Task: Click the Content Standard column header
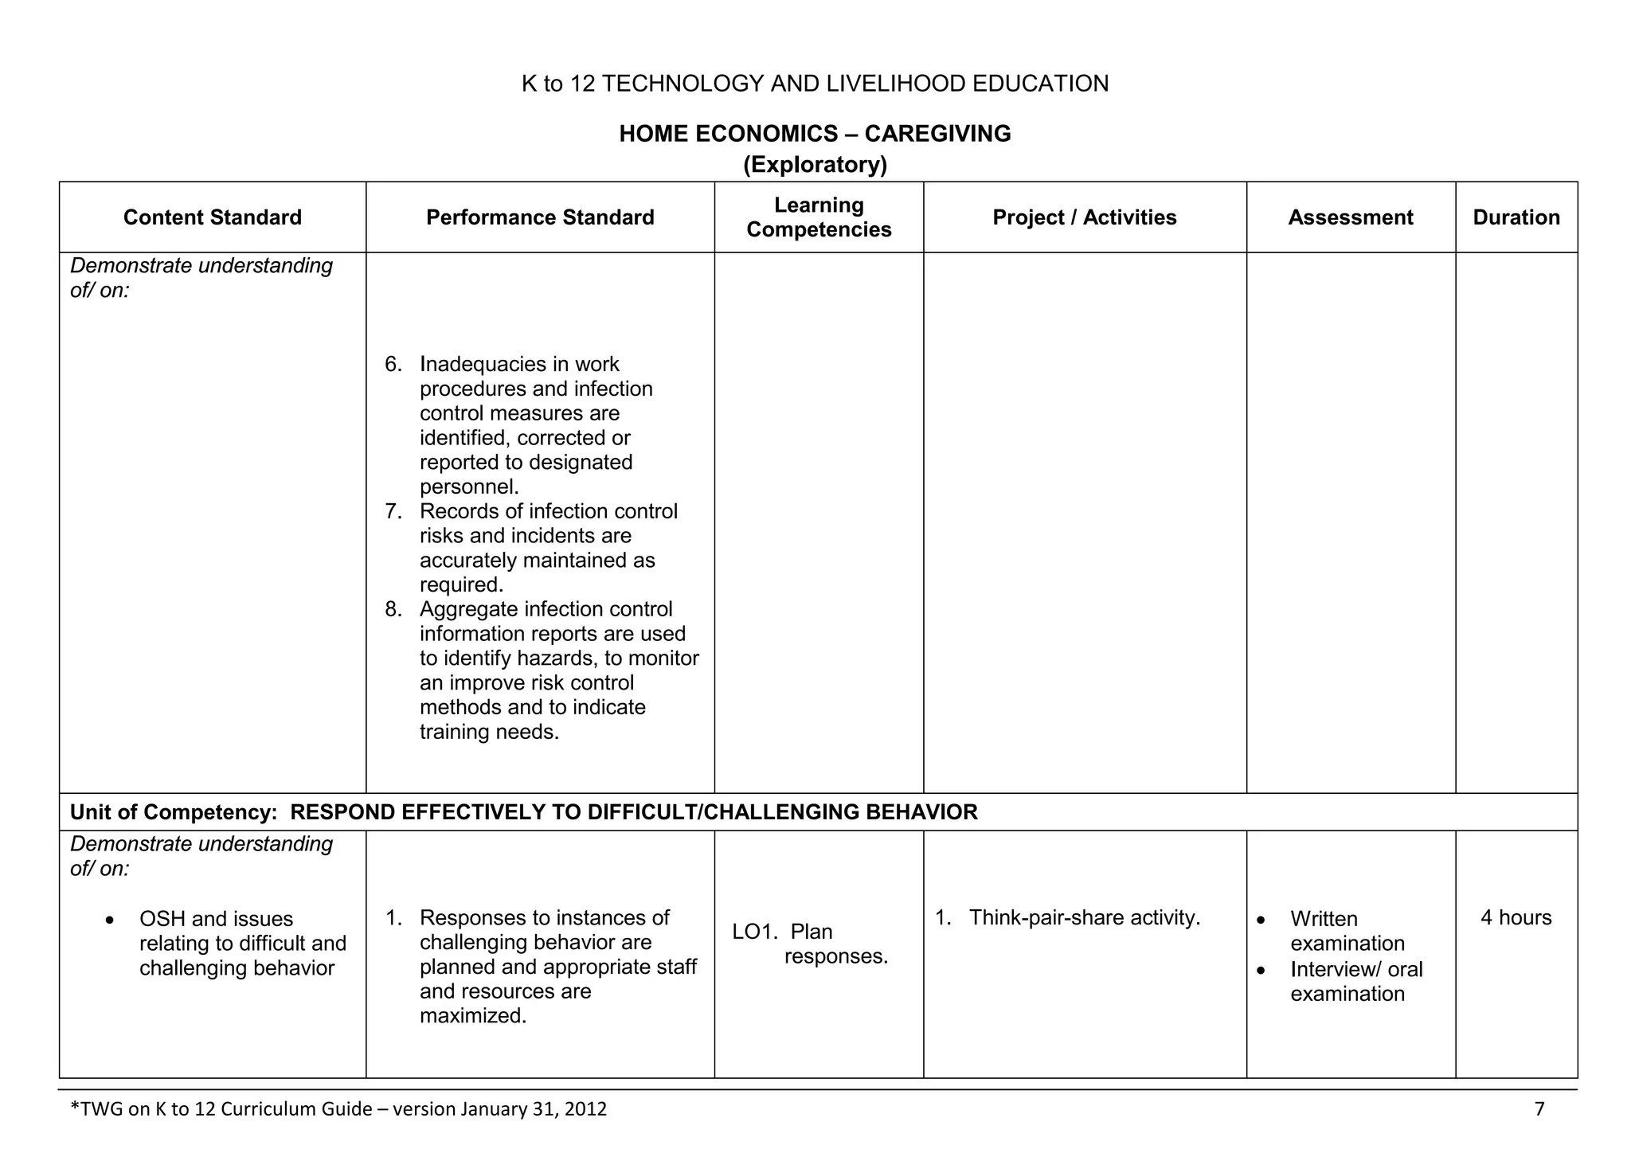click(212, 217)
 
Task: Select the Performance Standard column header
click(540, 217)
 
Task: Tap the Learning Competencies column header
click(819, 217)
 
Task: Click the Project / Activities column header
click(1084, 217)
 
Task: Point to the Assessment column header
click(1350, 217)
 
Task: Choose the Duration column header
click(1516, 217)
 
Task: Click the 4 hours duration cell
click(1516, 917)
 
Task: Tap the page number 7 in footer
click(1539, 1108)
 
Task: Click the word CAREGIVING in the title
click(937, 134)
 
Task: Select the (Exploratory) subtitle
click(815, 165)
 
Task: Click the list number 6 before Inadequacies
click(393, 365)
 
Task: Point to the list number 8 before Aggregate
click(393, 610)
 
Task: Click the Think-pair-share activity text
click(1084, 918)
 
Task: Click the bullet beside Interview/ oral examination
click(1261, 971)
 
